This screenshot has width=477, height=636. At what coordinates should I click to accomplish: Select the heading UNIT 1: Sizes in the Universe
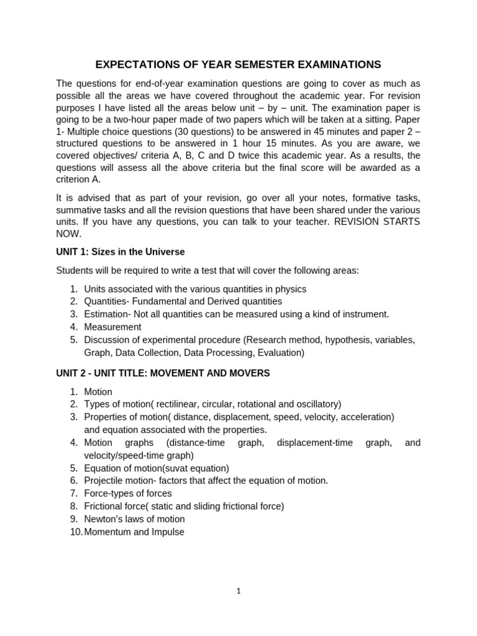120,252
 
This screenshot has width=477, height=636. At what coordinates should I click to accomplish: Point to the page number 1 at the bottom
238,591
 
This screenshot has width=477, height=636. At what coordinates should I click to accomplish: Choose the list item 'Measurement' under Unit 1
112,327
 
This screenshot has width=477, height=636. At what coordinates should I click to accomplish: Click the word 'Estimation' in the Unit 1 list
106,314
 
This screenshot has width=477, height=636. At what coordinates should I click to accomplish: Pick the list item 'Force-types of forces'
128,493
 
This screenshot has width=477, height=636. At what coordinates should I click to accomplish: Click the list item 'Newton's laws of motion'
134,519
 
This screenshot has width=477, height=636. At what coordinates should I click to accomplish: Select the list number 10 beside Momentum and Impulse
75,532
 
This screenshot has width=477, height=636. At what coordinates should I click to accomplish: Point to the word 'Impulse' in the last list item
167,532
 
